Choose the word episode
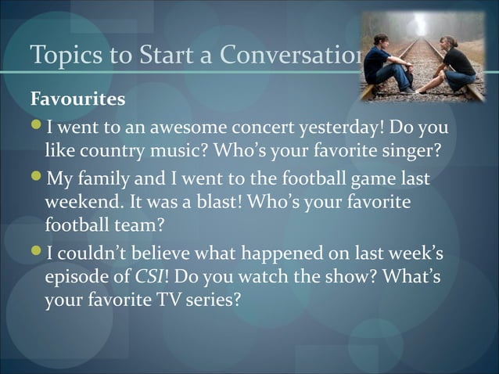pyautogui.click(x=76, y=275)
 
